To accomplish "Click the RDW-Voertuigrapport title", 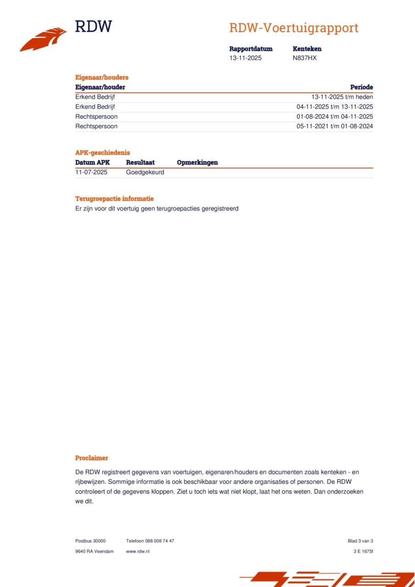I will tap(293, 28).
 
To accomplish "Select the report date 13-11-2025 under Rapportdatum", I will tap(245, 58).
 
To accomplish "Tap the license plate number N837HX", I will tap(304, 58).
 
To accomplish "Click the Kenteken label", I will tap(307, 49).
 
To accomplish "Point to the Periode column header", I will tap(361, 87).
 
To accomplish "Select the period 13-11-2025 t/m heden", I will tap(342, 97).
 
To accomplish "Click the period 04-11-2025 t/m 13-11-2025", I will tap(335, 107).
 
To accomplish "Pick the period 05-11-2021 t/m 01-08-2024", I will tap(335, 126).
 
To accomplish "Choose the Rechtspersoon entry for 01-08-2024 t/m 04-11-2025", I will tap(96, 116).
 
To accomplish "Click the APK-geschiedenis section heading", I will tap(102, 153).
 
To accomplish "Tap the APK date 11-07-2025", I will tap(91, 172).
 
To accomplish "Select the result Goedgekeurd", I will tap(145, 172).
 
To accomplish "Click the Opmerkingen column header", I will tap(197, 162).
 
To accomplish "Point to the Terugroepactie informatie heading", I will tap(114, 199).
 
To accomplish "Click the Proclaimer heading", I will tap(91, 458).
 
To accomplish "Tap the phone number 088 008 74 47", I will tap(159, 541).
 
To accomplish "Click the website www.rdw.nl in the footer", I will tap(138, 551).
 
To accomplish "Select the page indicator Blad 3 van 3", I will tap(360, 541).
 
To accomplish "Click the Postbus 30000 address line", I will tap(90, 541).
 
